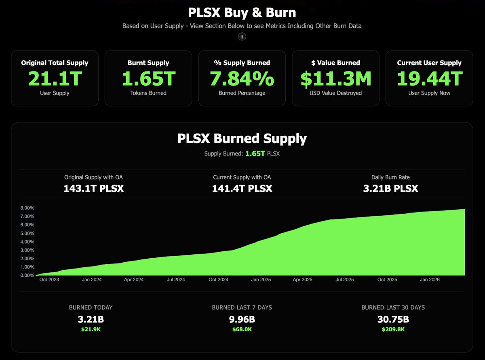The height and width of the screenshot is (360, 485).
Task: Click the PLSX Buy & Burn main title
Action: (x=242, y=13)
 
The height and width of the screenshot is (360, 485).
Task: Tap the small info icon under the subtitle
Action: (x=242, y=37)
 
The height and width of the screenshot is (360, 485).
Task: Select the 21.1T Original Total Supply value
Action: (x=55, y=78)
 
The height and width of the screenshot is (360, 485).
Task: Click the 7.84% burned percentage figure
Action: (x=242, y=78)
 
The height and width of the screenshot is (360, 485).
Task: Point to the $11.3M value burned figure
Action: (x=335, y=78)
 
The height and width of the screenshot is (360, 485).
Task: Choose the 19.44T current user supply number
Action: (x=429, y=78)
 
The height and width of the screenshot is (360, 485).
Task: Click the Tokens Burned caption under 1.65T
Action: (x=148, y=93)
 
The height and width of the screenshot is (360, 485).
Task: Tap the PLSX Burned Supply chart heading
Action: (x=242, y=139)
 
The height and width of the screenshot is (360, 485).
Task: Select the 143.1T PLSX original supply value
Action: (x=93, y=188)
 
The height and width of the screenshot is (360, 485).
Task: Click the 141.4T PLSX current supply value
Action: (x=242, y=188)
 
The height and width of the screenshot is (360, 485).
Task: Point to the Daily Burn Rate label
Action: (x=390, y=177)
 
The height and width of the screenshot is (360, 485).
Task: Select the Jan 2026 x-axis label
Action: (x=430, y=280)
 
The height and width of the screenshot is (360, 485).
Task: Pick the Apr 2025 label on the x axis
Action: (x=302, y=280)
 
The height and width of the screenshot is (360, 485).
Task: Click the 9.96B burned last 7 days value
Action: (x=242, y=320)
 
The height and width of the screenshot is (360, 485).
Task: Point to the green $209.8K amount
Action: (x=393, y=329)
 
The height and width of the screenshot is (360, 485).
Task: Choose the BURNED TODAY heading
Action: (x=91, y=307)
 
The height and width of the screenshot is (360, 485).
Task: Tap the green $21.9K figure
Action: (x=91, y=329)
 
